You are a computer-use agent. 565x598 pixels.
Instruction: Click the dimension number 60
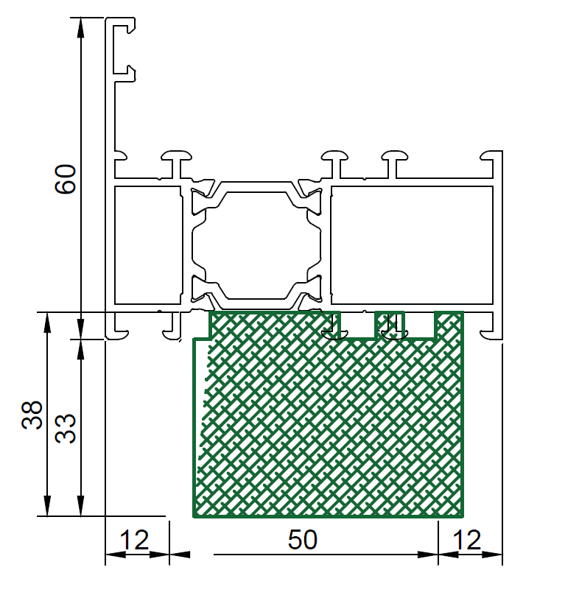(66, 179)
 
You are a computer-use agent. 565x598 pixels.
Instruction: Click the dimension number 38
(32, 415)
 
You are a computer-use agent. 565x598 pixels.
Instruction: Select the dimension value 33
(66, 429)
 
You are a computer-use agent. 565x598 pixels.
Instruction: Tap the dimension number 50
(303, 540)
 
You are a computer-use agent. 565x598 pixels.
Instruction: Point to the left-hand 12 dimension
(134, 540)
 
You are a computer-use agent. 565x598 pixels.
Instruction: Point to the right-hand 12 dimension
(466, 540)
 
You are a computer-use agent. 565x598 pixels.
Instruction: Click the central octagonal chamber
(256, 245)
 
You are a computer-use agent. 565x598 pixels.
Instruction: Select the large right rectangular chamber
(412, 245)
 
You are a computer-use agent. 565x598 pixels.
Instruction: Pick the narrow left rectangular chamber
(147, 245)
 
